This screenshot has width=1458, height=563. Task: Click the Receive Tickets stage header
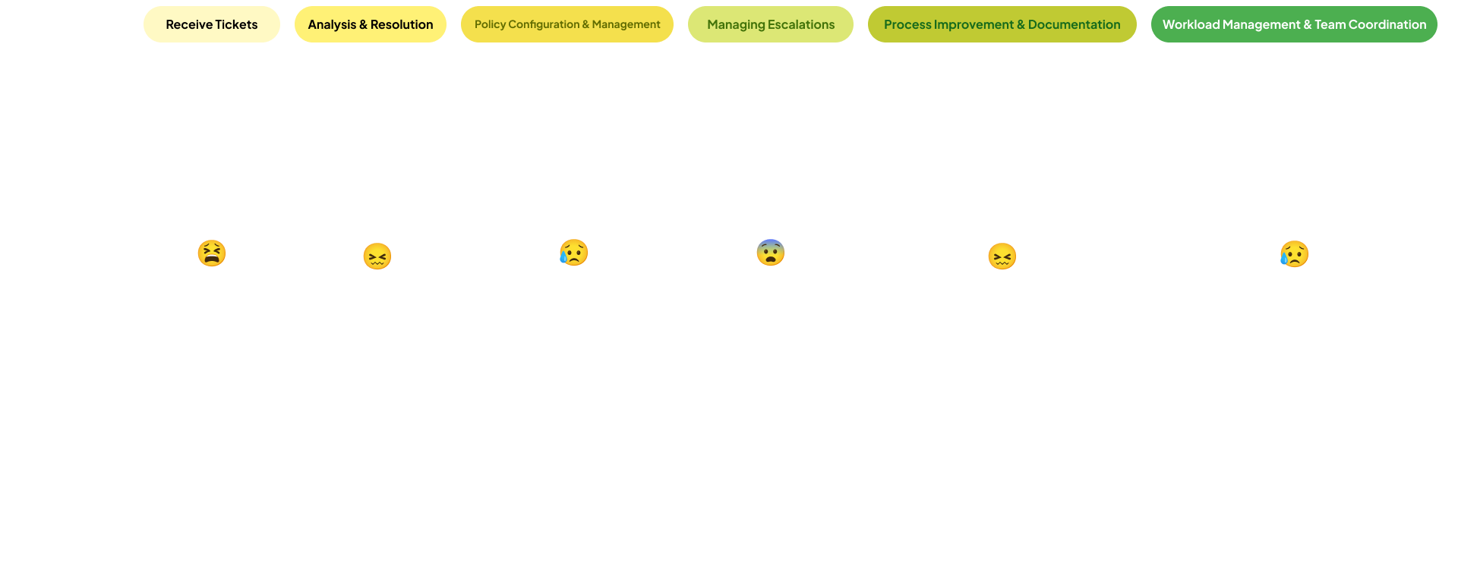[x=211, y=24]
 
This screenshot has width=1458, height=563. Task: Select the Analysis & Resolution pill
[x=370, y=24]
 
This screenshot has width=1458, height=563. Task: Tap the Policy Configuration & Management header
[x=566, y=24]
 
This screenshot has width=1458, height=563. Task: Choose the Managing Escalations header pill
[x=770, y=24]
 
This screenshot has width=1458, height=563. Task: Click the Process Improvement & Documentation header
[x=1002, y=24]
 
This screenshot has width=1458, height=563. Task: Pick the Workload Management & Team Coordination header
[x=1294, y=24]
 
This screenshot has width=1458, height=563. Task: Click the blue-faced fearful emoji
[x=770, y=253]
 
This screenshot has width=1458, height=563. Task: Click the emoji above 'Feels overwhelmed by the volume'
[x=212, y=253]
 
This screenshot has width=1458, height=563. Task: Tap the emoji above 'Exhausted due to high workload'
[x=1294, y=253]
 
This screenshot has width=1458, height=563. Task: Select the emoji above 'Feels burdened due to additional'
[x=573, y=253]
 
